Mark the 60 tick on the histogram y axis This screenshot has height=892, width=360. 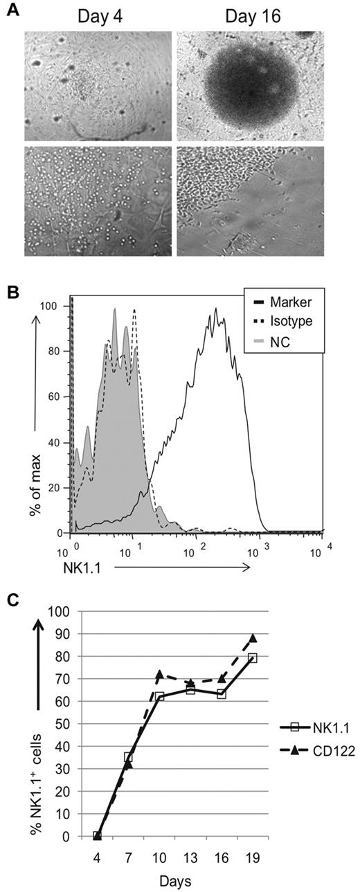(x=58, y=397)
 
